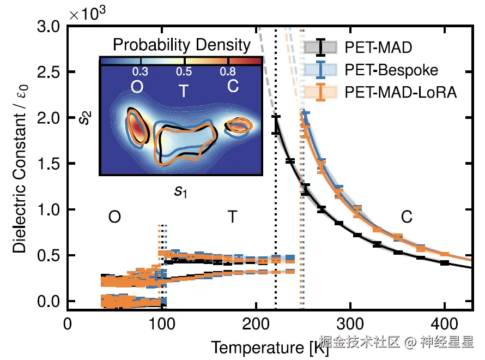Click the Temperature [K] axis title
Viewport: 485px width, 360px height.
tap(270, 347)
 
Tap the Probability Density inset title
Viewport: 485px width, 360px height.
tap(181, 45)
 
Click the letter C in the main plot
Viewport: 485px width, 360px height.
tap(407, 217)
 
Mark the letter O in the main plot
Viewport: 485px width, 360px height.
tap(114, 217)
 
